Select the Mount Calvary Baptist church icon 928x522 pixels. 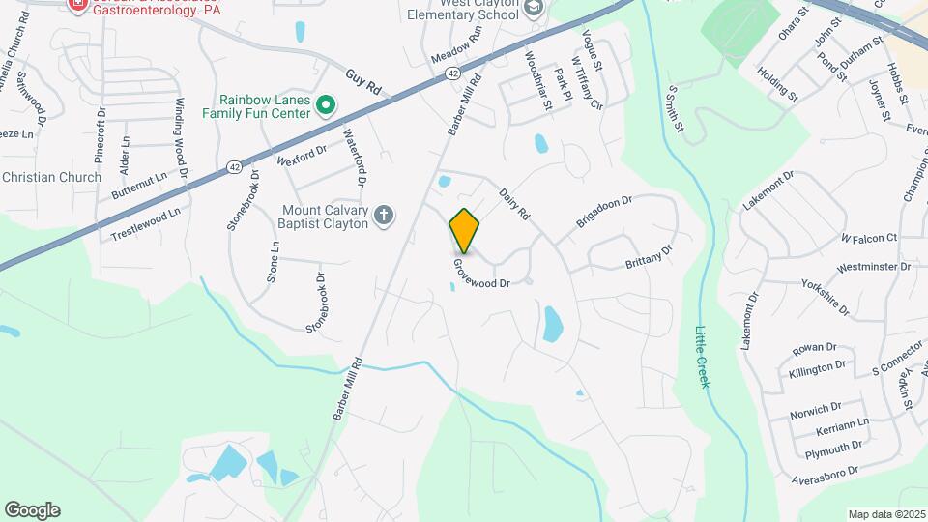[384, 216]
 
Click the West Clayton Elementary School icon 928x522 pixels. [533, 9]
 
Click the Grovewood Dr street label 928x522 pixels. [494, 274]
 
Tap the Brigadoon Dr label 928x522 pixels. [604, 210]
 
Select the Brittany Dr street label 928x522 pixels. [649, 256]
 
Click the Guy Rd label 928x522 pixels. [363, 82]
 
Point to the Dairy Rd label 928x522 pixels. [516, 201]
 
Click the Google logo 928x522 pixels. [32, 510]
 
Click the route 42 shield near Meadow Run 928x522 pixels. [453, 73]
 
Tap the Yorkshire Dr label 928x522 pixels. [825, 298]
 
